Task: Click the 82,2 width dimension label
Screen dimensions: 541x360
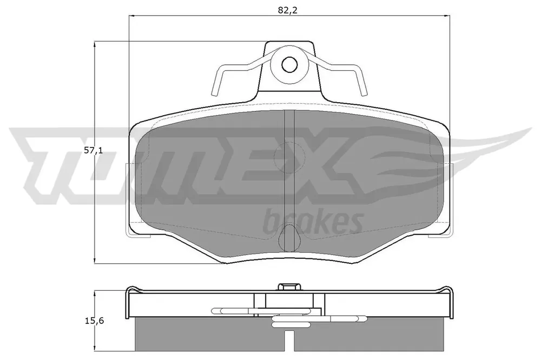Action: (288, 10)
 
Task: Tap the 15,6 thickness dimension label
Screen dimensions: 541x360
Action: (94, 321)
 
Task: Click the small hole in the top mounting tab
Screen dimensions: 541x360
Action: (289, 64)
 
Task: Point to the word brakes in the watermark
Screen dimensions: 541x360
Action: (313, 222)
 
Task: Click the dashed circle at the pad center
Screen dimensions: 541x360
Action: (289, 157)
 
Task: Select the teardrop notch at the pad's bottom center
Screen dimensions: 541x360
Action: (289, 238)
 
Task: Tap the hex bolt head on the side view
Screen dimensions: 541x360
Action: (289, 287)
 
